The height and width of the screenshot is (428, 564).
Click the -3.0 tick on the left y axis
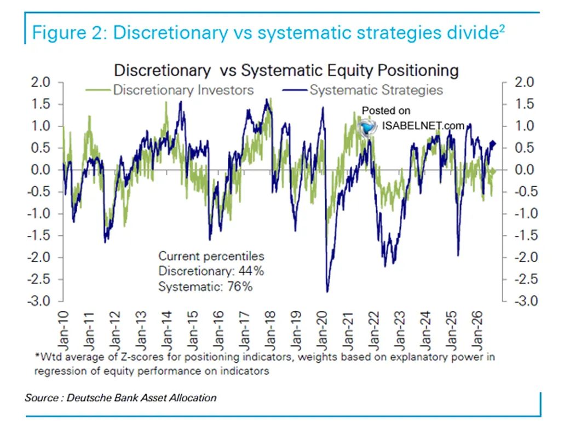coord(39,301)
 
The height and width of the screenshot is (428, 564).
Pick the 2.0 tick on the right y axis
coord(525,82)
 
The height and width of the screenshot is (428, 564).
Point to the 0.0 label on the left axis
coord(41,170)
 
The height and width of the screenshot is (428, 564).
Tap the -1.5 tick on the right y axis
coord(526,235)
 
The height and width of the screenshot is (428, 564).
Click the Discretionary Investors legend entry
coord(170,90)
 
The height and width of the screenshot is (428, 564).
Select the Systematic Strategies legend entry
coord(362,90)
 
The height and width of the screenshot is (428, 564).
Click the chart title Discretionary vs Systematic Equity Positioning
coord(286,71)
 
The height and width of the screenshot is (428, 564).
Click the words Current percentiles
coord(211,256)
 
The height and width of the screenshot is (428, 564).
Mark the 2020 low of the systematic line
coord(327,292)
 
